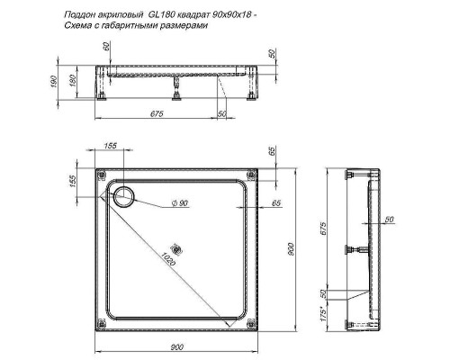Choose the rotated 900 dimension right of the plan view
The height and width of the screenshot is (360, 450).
(x=291, y=249)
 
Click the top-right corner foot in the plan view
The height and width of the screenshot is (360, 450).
(x=255, y=175)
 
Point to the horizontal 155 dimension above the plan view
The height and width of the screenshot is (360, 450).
(x=111, y=146)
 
